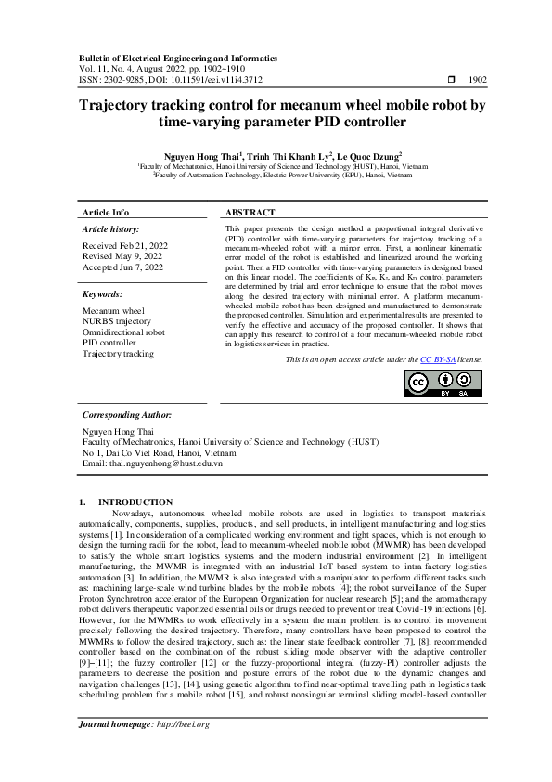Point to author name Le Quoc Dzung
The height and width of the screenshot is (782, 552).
366,157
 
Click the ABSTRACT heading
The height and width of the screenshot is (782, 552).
250,213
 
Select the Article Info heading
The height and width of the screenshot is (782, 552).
106,213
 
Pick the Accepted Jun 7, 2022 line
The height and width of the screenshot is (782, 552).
121,266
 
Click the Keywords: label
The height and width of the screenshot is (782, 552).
103,293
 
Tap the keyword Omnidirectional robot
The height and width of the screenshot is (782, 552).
124,332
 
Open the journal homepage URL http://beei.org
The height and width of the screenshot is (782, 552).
183,750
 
